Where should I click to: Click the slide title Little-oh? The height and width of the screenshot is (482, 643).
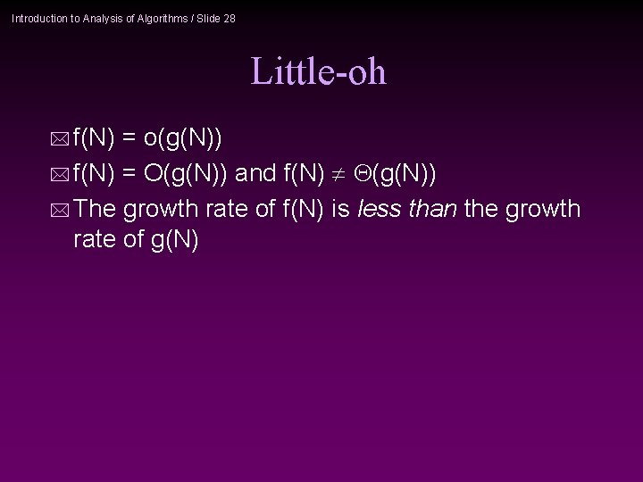(x=318, y=71)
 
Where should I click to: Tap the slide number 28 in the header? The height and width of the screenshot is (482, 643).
(x=230, y=18)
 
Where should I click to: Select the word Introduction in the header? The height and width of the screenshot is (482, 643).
(x=38, y=18)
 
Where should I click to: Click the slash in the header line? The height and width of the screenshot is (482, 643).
(x=192, y=18)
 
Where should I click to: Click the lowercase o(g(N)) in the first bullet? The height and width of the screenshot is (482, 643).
(x=183, y=138)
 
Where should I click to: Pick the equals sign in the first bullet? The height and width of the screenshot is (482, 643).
(x=129, y=138)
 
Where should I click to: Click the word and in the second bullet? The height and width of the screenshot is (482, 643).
(x=255, y=174)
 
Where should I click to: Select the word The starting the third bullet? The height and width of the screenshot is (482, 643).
(x=95, y=210)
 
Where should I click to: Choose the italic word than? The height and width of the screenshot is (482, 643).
(x=432, y=210)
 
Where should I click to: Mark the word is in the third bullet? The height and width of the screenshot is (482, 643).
(x=339, y=210)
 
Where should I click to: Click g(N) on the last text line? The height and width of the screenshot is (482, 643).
(x=175, y=240)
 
